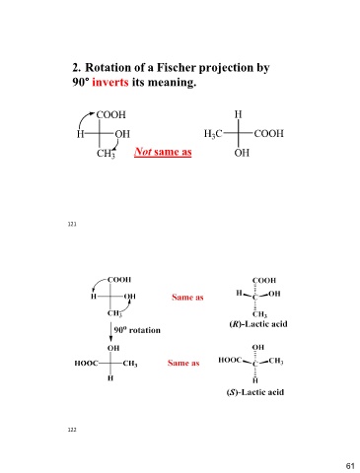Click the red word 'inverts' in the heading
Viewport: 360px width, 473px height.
click(x=110, y=82)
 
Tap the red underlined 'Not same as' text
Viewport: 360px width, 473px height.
click(x=163, y=152)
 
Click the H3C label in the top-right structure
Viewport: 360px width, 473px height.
click(x=213, y=134)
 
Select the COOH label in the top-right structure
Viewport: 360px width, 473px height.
click(x=268, y=133)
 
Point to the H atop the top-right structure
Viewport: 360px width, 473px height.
click(x=239, y=114)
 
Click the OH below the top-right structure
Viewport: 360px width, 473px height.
click(x=242, y=153)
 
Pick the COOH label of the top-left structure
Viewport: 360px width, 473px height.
click(x=110, y=114)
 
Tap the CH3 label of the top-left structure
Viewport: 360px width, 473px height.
click(x=106, y=154)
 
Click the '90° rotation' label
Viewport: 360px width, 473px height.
click(x=137, y=330)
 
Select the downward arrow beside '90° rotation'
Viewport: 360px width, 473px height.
click(x=110, y=332)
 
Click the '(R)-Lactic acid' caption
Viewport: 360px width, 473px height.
click(x=258, y=324)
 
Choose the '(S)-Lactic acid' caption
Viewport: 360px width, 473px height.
click(x=255, y=392)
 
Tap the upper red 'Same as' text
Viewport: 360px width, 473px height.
click(x=187, y=298)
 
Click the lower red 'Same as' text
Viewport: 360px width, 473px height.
click(x=183, y=363)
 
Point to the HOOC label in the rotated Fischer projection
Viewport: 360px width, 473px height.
click(x=86, y=363)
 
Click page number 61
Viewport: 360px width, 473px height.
click(x=350, y=466)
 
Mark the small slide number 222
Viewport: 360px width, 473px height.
click(x=72, y=430)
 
